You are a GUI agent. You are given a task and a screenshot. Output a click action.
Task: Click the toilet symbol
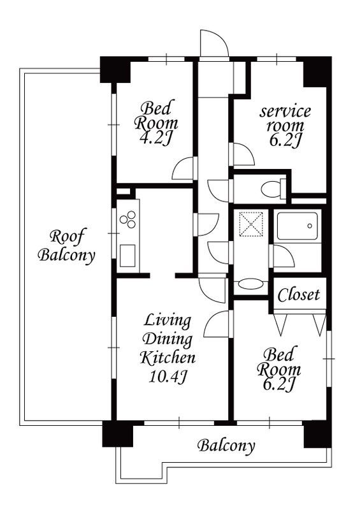point(273,188)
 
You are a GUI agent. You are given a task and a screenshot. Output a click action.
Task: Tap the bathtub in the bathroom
point(297,226)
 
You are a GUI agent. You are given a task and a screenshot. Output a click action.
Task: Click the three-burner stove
point(128,219)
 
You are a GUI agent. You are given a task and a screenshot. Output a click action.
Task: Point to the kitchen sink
point(127,256)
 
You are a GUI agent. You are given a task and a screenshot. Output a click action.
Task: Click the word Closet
point(299,295)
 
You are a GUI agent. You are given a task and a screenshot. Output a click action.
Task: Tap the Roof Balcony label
point(66,245)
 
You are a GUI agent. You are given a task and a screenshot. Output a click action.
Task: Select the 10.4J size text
point(168,376)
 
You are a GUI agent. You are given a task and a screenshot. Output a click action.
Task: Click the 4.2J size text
point(155,139)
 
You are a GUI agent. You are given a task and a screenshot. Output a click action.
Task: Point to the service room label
point(285,118)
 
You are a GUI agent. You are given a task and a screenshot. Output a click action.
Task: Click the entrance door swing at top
point(214,43)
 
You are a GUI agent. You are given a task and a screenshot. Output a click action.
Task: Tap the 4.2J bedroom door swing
point(184,168)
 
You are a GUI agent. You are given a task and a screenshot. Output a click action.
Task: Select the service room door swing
point(243,154)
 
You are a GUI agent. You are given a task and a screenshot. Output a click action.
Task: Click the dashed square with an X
point(251,224)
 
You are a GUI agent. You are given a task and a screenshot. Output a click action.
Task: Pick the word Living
point(167,321)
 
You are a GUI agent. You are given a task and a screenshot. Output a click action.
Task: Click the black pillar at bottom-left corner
point(118,433)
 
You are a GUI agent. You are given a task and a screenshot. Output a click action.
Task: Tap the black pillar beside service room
point(317,71)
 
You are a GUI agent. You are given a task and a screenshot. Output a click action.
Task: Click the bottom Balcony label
point(226,446)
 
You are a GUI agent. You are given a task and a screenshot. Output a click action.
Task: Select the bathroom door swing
point(283,256)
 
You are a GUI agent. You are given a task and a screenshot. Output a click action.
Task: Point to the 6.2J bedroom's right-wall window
point(329,358)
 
